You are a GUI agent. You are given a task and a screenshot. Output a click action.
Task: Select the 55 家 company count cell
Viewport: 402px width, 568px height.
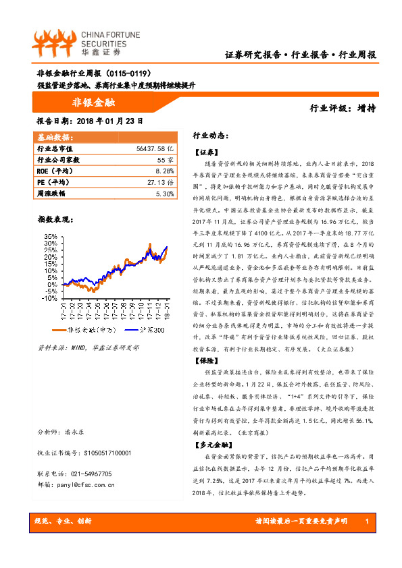click(166, 160)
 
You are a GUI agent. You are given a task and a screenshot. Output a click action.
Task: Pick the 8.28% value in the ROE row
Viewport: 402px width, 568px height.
click(164, 171)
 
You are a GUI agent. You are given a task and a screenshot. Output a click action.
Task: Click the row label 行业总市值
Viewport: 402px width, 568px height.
click(55, 148)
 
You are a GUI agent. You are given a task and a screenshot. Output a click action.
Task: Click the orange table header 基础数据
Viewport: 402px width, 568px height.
click(56, 137)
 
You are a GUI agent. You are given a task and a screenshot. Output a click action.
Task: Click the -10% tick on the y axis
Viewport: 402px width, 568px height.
click(47, 297)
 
